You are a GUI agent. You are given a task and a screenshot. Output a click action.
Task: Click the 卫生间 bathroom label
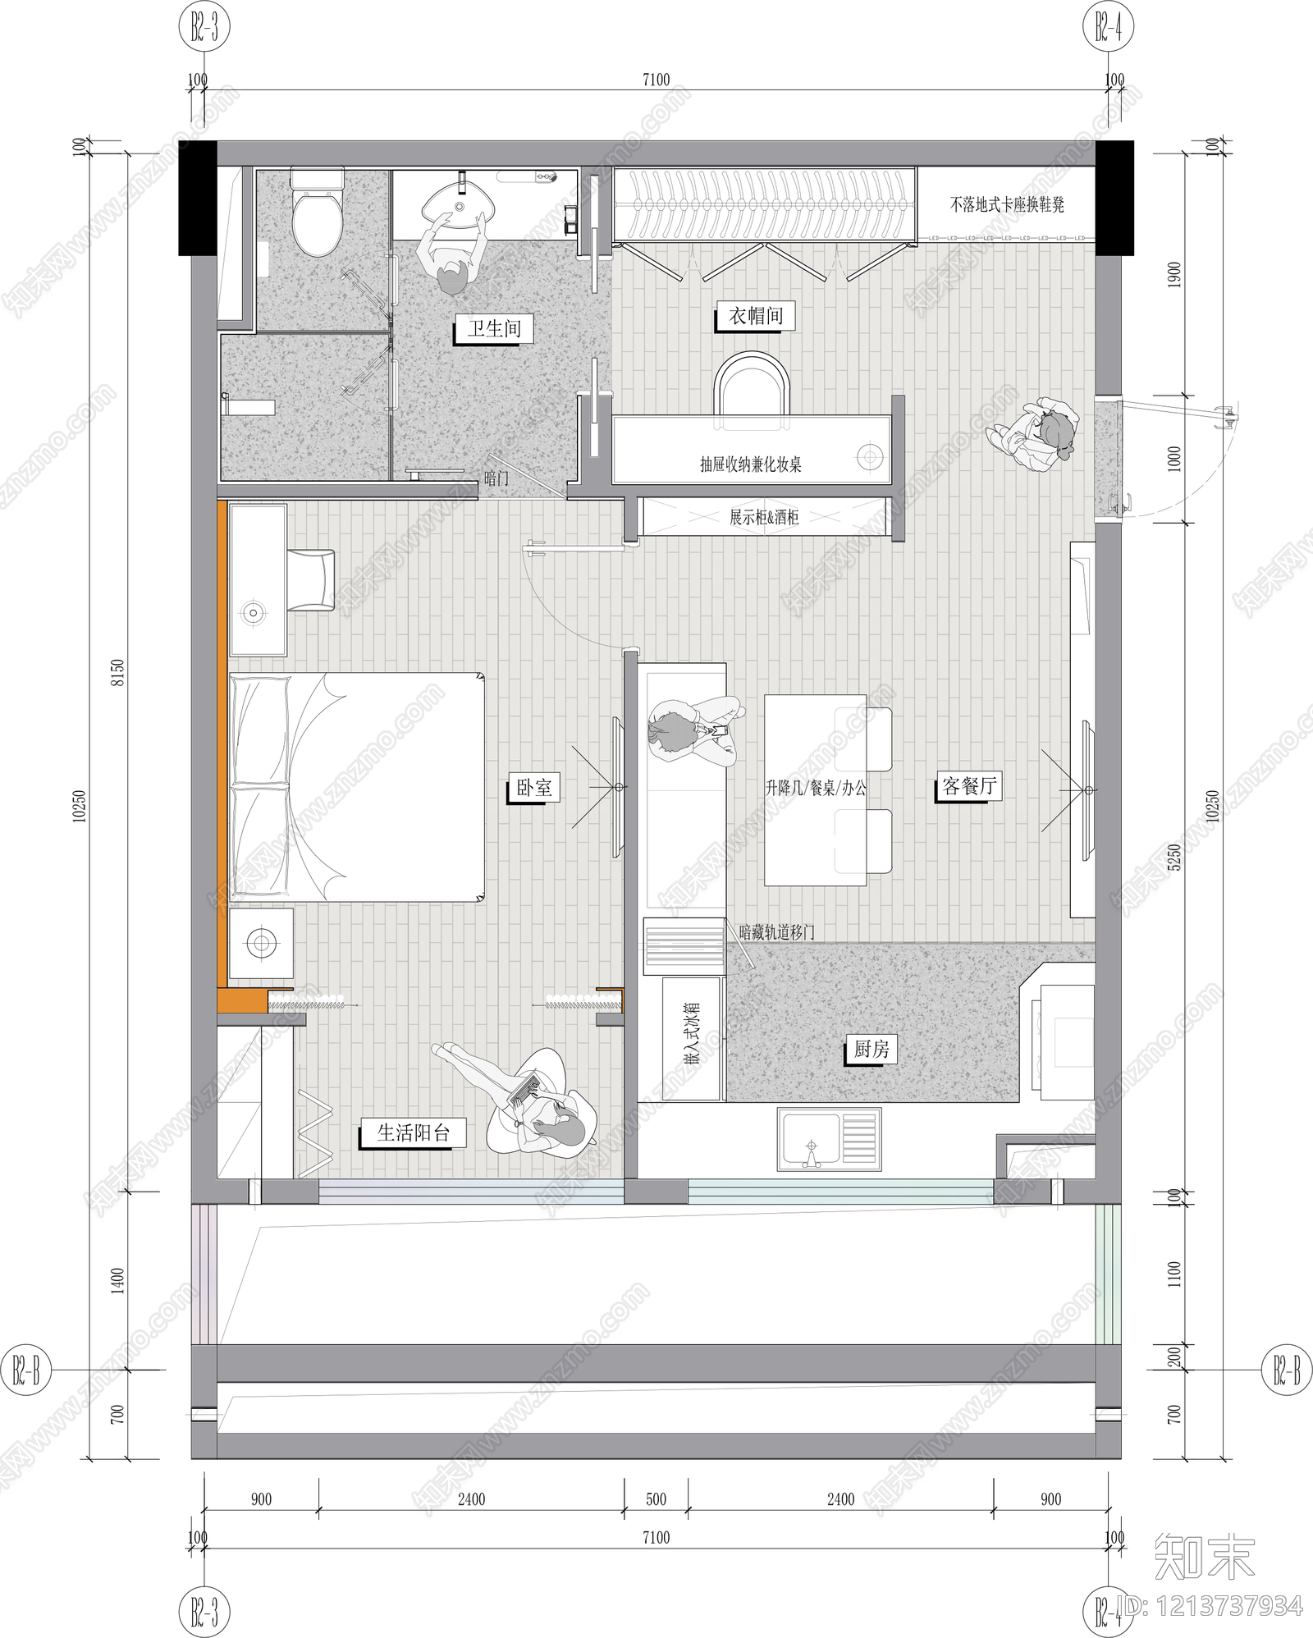[x=494, y=329]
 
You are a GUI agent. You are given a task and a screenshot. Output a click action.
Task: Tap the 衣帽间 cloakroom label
[x=756, y=316]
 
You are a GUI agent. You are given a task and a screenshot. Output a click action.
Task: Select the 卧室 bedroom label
[x=533, y=788]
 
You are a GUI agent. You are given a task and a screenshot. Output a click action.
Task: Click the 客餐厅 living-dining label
[x=969, y=786]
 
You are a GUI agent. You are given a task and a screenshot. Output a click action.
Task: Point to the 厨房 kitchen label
[x=871, y=1049]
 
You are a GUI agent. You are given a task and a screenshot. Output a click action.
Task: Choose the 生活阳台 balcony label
[x=414, y=1133]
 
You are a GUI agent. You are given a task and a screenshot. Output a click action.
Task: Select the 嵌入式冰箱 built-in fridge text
[x=691, y=1033]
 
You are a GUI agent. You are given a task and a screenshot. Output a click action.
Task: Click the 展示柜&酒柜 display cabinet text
[x=764, y=518]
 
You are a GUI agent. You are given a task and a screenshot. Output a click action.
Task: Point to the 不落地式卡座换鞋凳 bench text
[x=1007, y=204]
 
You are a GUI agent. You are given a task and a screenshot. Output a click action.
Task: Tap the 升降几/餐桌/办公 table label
[x=815, y=789]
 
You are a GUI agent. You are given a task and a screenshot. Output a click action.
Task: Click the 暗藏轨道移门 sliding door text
[x=776, y=932]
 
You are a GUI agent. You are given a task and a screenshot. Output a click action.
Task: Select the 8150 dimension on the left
[x=118, y=673]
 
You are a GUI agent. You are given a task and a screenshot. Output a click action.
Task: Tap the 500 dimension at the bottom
[x=656, y=1499]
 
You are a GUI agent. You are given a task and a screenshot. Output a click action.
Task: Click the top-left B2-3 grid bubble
[x=204, y=30]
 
